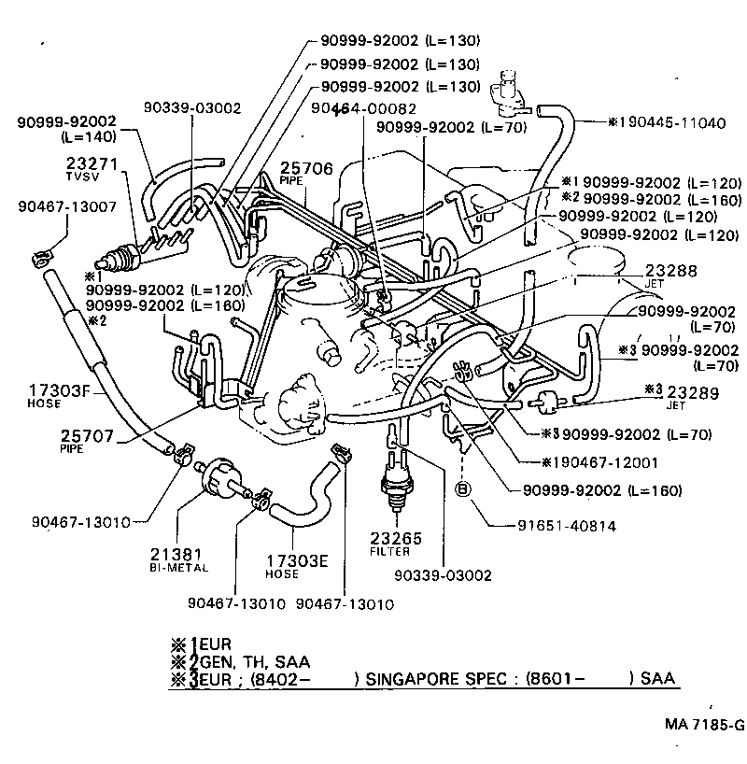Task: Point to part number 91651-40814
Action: [568, 526]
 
